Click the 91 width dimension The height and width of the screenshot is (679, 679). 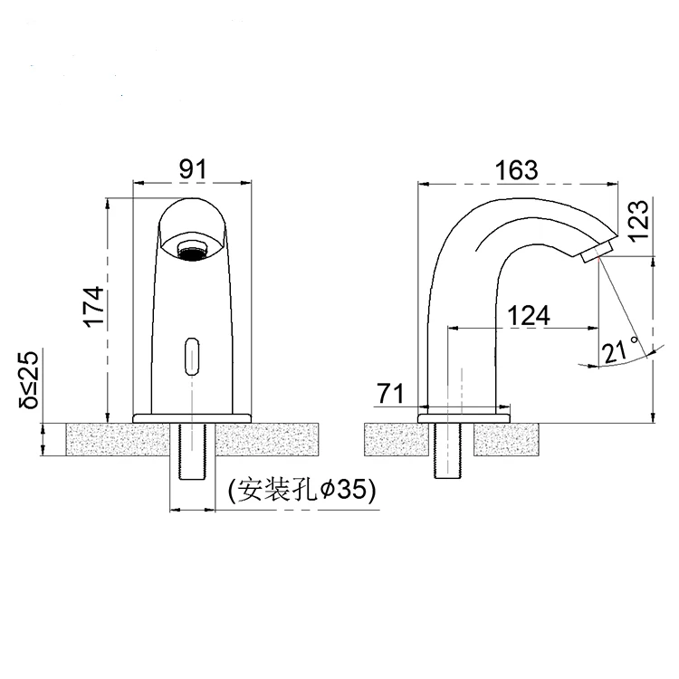[192, 168]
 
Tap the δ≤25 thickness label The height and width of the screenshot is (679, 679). [31, 379]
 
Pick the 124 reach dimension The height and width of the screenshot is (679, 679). [528, 316]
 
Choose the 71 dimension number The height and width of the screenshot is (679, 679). [390, 394]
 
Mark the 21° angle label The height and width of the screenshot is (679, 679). [620, 349]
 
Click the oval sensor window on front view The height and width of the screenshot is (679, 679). [191, 354]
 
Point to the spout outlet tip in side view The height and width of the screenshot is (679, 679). [600, 250]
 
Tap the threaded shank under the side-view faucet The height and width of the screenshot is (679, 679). [449, 451]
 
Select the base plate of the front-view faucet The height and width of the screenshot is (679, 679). [191, 416]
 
